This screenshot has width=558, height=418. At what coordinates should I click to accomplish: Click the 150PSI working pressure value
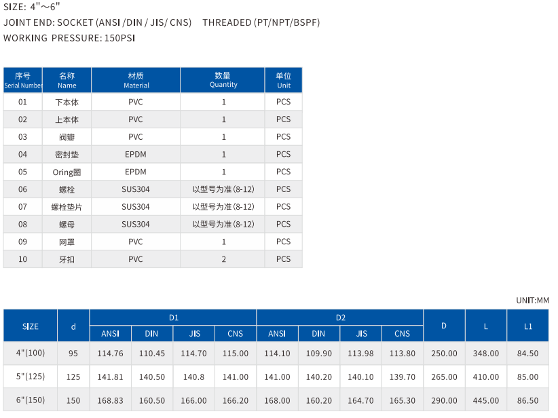tap(119, 38)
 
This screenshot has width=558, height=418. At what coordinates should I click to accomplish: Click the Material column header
tap(136, 80)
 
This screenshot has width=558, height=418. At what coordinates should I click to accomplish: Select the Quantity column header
tap(223, 80)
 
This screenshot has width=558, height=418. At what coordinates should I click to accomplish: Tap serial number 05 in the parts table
tap(22, 172)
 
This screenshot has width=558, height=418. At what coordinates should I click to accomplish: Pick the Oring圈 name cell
tap(67, 172)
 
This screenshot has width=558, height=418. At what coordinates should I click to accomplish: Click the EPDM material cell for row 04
tap(136, 154)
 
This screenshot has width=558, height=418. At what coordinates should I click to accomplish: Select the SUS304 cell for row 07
tap(136, 206)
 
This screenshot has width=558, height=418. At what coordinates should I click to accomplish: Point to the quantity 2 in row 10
tap(223, 259)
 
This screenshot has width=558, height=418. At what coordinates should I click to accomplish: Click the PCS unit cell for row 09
tap(283, 242)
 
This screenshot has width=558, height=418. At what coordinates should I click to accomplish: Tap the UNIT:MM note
tap(532, 299)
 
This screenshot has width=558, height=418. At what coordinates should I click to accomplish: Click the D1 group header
tap(173, 317)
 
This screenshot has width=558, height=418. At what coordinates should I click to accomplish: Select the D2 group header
tap(340, 317)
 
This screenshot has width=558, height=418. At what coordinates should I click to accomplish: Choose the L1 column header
tap(527, 326)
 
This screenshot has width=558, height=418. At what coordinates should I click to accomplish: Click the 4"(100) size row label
tap(30, 353)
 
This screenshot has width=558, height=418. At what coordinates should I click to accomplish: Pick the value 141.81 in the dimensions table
tap(110, 377)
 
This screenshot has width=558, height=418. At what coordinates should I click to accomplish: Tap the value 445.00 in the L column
tap(485, 400)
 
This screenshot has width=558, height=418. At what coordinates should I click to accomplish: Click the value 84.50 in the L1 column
tap(527, 353)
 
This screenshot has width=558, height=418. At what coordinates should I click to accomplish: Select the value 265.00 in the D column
tap(444, 377)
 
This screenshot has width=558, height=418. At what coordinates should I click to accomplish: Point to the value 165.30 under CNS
tap(402, 400)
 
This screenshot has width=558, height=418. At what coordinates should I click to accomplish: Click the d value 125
tap(73, 377)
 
